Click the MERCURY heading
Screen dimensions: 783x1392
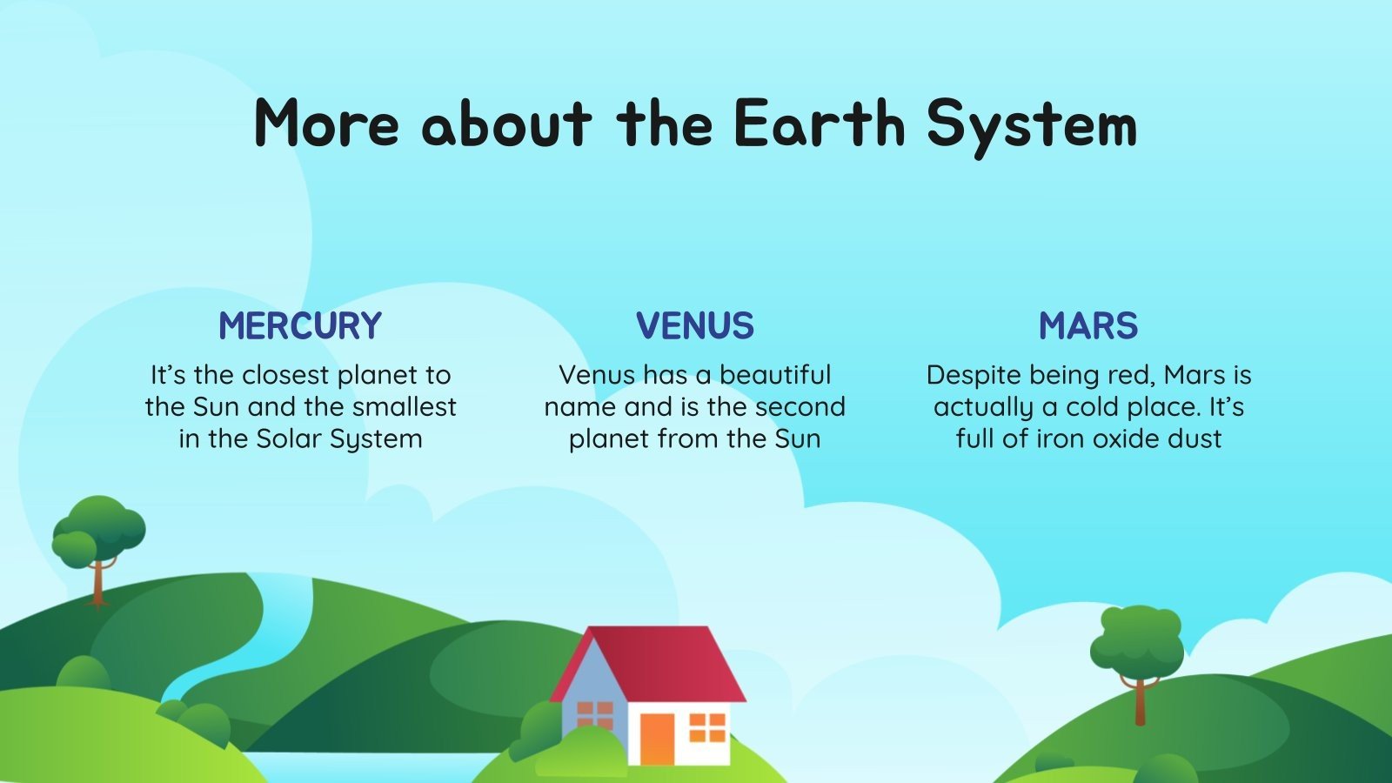(300, 326)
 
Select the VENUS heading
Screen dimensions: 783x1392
(694, 326)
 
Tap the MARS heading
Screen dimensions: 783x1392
(1087, 326)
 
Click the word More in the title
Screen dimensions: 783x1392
(326, 124)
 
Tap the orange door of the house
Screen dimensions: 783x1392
(657, 739)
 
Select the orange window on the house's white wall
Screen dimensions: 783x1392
(706, 728)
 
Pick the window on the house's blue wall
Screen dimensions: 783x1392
(595, 715)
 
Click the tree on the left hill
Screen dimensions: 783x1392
(97, 531)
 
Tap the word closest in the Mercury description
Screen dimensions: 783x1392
(285, 375)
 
